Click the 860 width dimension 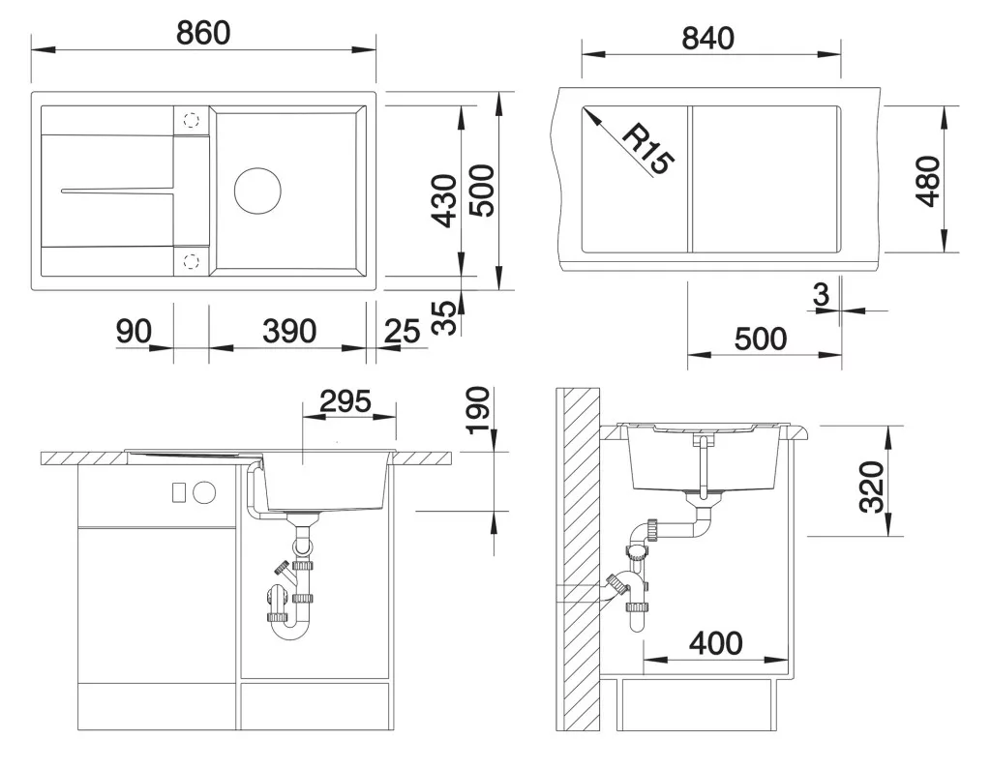coord(203,33)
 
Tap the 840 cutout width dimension coord(707,39)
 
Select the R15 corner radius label coord(648,149)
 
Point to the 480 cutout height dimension coord(928,181)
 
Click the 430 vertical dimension coord(443,200)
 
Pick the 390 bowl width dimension coord(288,331)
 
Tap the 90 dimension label coord(134,331)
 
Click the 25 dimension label coord(402,331)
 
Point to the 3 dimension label coord(821,294)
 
